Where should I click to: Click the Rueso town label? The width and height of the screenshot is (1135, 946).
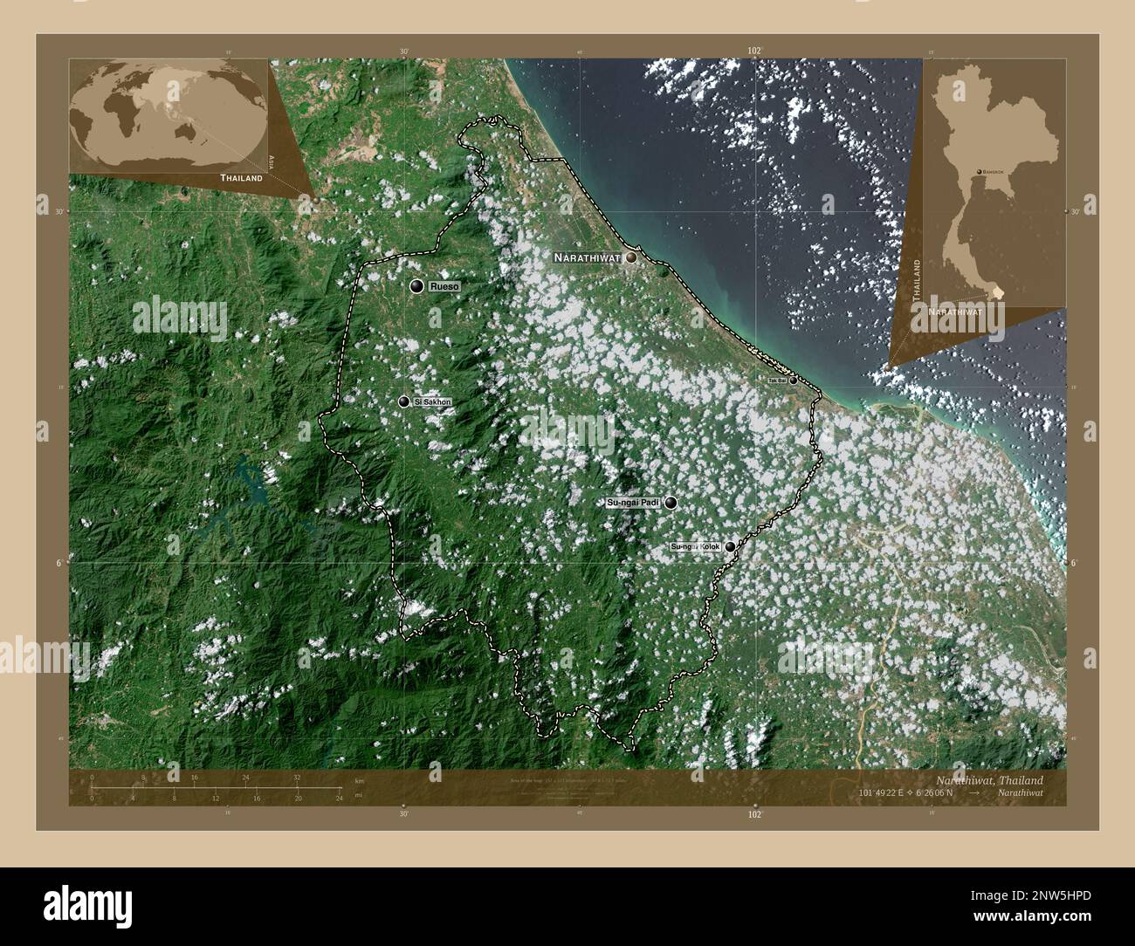[x=444, y=286]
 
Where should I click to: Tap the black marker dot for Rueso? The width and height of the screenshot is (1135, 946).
[x=417, y=286]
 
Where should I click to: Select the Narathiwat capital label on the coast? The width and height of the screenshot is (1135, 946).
[x=587, y=258]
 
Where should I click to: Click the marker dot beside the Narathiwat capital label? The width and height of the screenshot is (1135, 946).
[x=630, y=257]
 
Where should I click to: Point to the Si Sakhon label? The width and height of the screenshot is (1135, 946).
[x=433, y=401]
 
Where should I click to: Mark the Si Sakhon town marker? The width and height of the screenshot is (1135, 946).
[x=403, y=401]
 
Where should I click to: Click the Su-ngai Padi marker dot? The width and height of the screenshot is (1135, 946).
[x=671, y=503]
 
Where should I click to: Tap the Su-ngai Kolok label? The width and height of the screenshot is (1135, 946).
[x=695, y=547]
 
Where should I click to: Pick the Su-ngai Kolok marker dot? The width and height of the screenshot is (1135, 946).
[x=730, y=547]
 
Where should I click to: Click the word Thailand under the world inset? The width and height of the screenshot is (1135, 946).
[x=241, y=178]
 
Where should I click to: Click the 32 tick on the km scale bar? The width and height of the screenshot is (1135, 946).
[x=297, y=777]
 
